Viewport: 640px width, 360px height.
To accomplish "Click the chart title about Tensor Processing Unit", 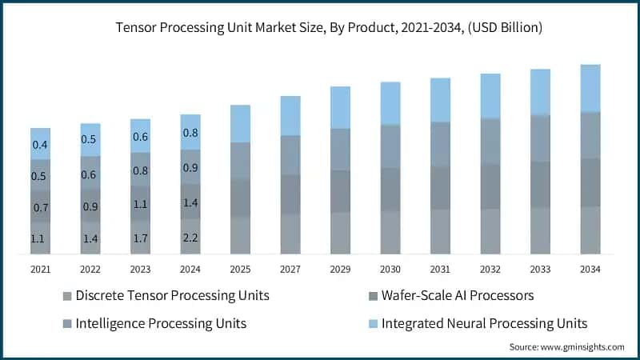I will pos(320,28).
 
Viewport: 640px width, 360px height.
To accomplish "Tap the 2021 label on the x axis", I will pos(40,270).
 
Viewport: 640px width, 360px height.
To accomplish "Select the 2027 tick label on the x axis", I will pos(290,270).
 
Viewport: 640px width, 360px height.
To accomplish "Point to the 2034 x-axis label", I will pos(590,270).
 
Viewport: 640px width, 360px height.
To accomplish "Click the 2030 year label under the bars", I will pos(390,270).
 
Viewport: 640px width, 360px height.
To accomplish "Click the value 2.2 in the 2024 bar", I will pos(190,238).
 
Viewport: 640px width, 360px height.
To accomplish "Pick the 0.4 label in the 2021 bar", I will pos(40,145).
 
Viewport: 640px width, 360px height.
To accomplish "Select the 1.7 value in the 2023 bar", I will pos(140,238).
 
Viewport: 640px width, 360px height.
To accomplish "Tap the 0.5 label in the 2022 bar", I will pos(90,140).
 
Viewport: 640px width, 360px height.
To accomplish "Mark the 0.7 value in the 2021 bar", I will pos(40,208).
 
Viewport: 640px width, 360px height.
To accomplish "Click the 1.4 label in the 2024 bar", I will pos(190,203).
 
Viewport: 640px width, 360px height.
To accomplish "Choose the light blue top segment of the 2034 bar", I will pos(590,88).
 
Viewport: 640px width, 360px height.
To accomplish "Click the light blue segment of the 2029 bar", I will pos(341,107).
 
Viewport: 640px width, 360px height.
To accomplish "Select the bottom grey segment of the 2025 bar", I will pos(241,235).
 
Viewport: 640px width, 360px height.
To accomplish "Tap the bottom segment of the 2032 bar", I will pos(490,231).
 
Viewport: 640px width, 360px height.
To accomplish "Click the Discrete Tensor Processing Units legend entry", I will pos(172,295).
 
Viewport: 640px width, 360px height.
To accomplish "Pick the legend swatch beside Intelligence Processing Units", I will pos(66,324).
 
